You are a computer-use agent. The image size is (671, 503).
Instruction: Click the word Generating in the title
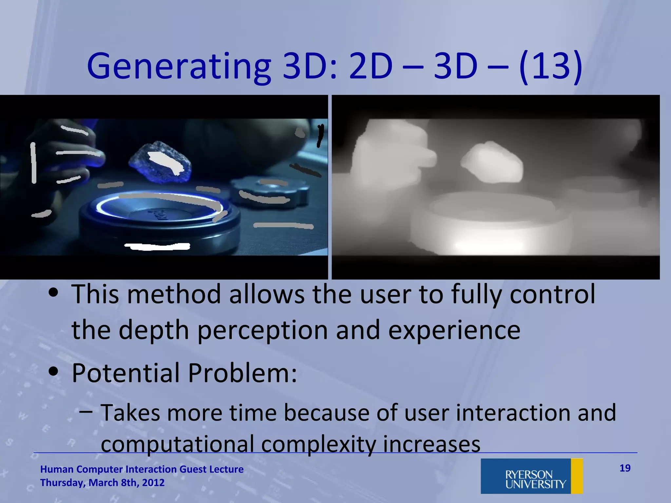[x=179, y=67]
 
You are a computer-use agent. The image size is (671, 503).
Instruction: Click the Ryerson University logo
[x=531, y=476]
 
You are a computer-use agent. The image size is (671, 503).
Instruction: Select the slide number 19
[x=625, y=468]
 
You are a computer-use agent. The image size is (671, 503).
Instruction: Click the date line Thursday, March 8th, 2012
[x=102, y=483]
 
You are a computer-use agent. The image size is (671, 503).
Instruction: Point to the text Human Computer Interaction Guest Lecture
[x=142, y=469]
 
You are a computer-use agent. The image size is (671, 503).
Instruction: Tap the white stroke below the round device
[x=157, y=246]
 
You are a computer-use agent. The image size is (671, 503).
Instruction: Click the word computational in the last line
[x=177, y=444]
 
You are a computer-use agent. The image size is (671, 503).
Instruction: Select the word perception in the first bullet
[x=262, y=330]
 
